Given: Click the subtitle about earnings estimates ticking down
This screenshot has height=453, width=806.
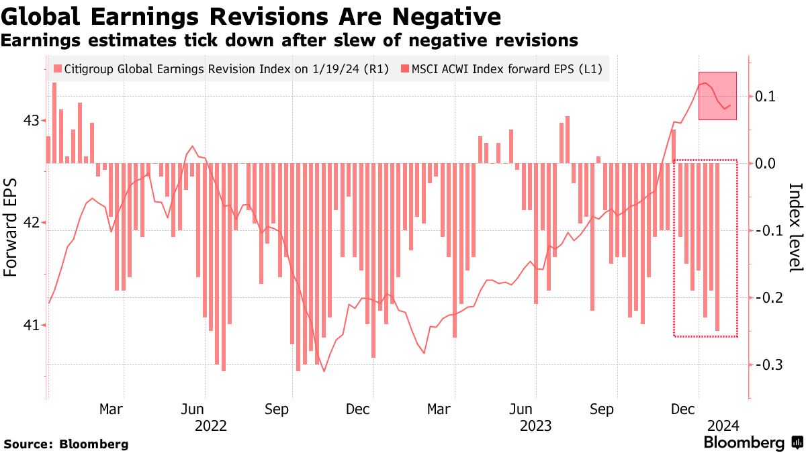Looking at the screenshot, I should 289,40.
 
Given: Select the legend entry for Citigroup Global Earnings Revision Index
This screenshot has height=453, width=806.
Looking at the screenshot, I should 221,68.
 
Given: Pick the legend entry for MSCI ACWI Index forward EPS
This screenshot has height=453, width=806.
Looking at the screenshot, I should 501,68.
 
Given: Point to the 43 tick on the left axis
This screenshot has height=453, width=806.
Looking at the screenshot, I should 31,121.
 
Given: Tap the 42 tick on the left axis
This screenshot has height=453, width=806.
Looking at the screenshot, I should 31,223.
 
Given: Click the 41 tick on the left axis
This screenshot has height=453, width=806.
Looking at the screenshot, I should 31,325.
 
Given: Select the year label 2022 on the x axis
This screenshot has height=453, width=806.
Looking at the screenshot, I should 210,425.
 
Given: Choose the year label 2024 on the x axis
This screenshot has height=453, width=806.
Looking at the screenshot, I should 724,425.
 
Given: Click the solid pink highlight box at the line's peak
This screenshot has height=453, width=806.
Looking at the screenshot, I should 717,96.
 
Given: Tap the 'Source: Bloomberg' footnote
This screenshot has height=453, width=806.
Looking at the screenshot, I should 66,444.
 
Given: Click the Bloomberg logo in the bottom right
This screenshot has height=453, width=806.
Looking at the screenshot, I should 752,443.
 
